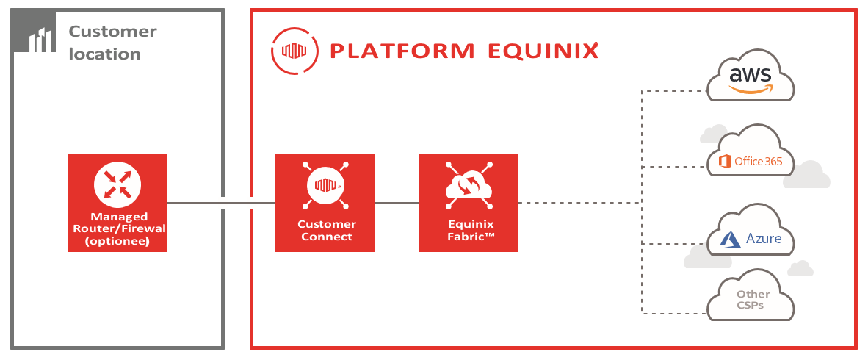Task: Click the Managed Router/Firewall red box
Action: click(x=117, y=203)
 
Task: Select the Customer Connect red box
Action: click(x=325, y=203)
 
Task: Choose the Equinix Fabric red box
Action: click(x=469, y=203)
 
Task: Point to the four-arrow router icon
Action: click(x=117, y=184)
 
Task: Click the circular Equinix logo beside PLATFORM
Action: click(x=294, y=51)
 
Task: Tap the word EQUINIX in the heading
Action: click(x=543, y=51)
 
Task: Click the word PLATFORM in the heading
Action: click(x=402, y=51)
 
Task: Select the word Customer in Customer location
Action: click(x=113, y=31)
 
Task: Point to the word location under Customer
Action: click(x=104, y=54)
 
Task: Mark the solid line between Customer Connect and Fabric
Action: click(x=397, y=203)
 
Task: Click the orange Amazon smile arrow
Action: click(x=751, y=89)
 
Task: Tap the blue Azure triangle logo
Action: click(x=730, y=240)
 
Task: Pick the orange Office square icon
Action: click(x=723, y=161)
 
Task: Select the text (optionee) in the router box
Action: click(x=117, y=240)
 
